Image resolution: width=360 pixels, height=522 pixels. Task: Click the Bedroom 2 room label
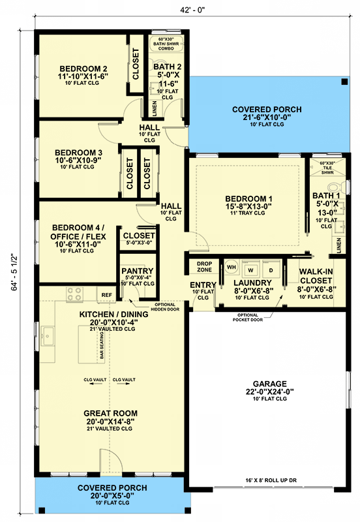coord(83,69)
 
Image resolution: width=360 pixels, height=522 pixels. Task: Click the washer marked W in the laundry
coord(250,268)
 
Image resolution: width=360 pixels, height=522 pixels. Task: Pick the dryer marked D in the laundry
coord(271,268)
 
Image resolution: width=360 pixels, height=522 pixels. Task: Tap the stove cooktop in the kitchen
coord(74,294)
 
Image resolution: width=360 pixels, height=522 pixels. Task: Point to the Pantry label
coord(137,271)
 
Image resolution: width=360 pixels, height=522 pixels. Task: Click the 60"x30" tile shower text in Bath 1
coord(322,168)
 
